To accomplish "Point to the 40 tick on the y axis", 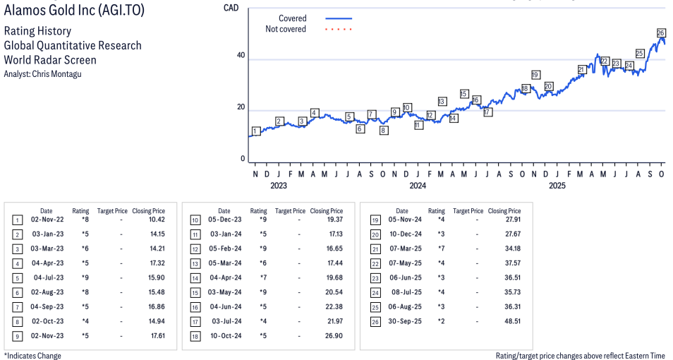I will [x=241, y=56].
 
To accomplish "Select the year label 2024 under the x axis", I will [x=418, y=186].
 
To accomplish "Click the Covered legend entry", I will [x=292, y=18].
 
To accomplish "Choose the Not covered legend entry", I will [x=286, y=29].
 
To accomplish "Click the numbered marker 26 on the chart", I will [x=661, y=33].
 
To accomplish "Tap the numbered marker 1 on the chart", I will [x=255, y=131].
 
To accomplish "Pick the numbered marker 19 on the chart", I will [x=535, y=75].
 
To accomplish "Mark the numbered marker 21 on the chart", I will [x=582, y=69].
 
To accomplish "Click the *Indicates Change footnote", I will [x=33, y=356].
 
